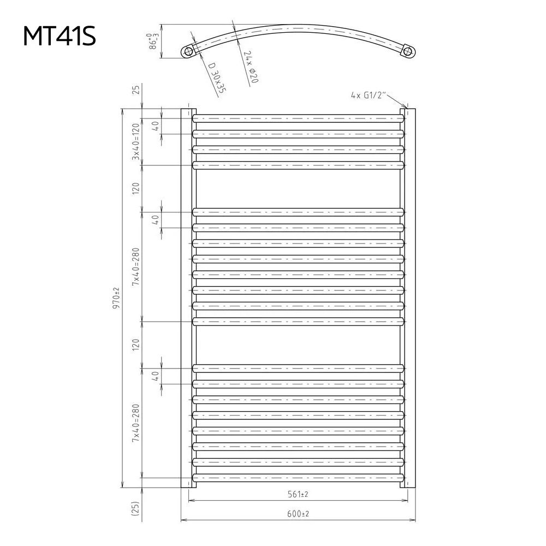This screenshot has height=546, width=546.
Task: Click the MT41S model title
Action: [x=59, y=36]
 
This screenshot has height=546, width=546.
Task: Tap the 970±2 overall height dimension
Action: [x=116, y=298]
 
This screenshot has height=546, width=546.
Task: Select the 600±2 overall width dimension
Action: [x=298, y=513]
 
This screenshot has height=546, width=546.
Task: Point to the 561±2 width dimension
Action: [x=298, y=494]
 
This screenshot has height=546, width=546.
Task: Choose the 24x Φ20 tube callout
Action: [x=251, y=67]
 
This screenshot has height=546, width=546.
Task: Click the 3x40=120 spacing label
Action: [x=135, y=141]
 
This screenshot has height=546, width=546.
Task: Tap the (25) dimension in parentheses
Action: [x=135, y=508]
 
